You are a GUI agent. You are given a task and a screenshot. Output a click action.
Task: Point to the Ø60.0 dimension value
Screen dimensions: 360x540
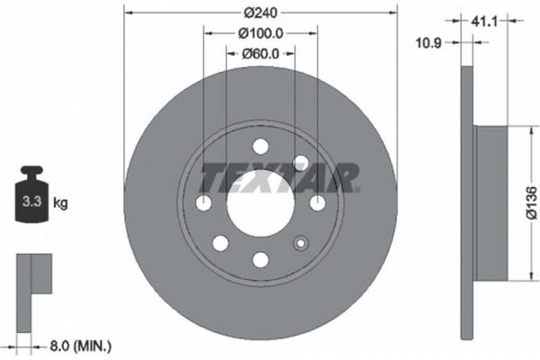(x=262, y=54)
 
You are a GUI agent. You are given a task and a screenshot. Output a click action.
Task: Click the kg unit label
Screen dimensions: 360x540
(x=61, y=204)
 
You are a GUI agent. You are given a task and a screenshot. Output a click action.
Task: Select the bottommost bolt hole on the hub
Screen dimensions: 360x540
(x=261, y=259)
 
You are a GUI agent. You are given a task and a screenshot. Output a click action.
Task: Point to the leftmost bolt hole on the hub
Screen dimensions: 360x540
(x=204, y=202)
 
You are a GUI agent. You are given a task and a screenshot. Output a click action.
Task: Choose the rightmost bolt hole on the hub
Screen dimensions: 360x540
(x=318, y=202)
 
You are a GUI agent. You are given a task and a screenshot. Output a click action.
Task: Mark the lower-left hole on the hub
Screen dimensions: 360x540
(x=220, y=243)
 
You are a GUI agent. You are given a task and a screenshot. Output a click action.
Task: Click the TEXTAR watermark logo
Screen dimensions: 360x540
(x=279, y=177)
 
